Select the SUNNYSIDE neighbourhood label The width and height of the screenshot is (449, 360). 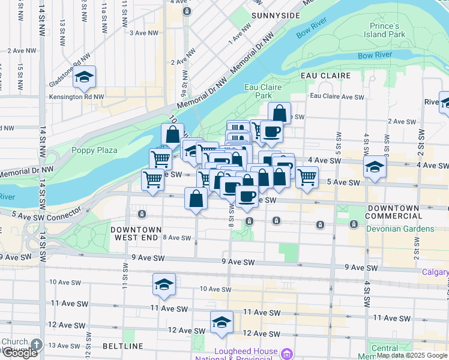(276, 15)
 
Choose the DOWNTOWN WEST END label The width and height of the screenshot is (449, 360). (136, 234)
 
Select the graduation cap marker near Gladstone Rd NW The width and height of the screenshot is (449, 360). (85, 77)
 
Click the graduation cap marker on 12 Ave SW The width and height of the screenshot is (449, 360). (221, 323)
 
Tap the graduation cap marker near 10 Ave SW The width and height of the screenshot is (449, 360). (163, 286)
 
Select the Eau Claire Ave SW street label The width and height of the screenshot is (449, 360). (337, 97)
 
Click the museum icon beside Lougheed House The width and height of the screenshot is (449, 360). (287, 355)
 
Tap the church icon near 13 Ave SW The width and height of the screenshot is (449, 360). (37, 344)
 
